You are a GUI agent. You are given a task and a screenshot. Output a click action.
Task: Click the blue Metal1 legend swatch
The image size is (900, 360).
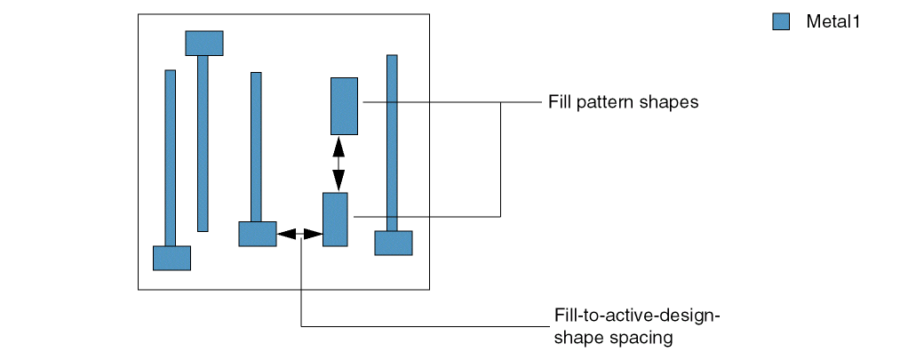click(x=781, y=22)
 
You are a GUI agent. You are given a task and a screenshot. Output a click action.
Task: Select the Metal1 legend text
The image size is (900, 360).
click(x=832, y=22)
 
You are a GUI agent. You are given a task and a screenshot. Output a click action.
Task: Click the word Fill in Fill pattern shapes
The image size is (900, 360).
click(x=559, y=102)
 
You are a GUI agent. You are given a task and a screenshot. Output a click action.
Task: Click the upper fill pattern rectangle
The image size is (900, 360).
click(x=344, y=105)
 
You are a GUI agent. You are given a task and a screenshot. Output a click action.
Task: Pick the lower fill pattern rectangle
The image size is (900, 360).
click(x=334, y=219)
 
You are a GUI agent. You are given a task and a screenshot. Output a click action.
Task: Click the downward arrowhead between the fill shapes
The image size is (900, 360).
click(x=338, y=182)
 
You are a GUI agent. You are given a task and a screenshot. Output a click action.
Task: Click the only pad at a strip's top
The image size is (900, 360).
click(x=203, y=43)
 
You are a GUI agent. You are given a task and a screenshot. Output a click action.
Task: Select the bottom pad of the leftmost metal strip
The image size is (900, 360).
click(x=171, y=258)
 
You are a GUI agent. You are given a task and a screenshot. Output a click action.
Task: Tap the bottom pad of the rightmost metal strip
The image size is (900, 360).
click(x=393, y=243)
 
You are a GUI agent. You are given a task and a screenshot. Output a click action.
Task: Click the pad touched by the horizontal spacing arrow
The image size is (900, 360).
click(x=257, y=234)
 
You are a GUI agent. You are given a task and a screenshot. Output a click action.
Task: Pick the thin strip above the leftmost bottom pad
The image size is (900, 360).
click(x=170, y=156)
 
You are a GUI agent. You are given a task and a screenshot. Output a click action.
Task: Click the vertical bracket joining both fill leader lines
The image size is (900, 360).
click(x=500, y=159)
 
